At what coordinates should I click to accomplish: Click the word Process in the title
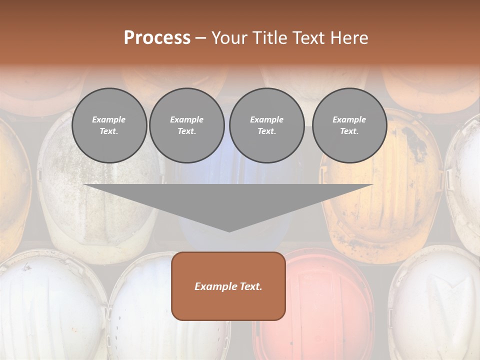(x=157, y=38)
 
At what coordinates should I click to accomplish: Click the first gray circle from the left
(x=109, y=125)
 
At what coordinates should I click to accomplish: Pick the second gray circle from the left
(x=187, y=125)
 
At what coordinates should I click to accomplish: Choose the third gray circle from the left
(x=266, y=125)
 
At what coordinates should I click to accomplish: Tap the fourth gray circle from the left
(x=349, y=125)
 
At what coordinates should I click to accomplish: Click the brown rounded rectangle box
(x=228, y=286)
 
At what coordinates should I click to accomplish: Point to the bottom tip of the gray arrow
(x=229, y=231)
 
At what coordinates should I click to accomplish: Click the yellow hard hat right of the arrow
(x=385, y=200)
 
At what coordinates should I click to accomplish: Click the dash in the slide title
(x=201, y=38)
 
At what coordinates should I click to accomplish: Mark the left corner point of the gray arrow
(x=84, y=184)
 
